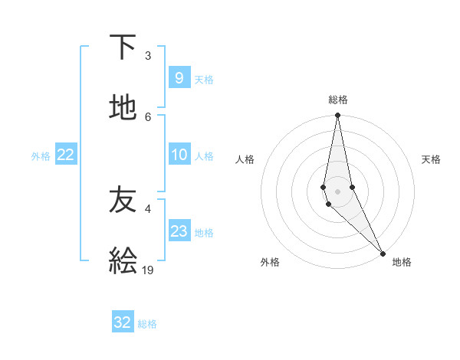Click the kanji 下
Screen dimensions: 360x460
coord(123,47)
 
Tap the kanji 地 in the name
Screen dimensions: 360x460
coord(123,108)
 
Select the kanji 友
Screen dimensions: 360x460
coord(123,201)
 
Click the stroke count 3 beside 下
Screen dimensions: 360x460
coord(148,56)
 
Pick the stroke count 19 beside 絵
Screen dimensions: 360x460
coord(149,270)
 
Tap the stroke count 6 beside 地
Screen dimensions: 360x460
coord(148,117)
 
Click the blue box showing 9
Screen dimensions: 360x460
coord(179,78)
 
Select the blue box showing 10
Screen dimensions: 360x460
coord(179,155)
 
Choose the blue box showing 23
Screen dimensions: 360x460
coord(179,231)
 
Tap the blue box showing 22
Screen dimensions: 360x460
coord(66,155)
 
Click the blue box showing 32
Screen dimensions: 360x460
coord(123,322)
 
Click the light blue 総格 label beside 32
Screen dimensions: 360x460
coord(147,324)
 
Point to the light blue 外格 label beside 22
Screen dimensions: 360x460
coord(41,156)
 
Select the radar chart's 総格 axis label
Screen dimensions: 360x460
coord(338,100)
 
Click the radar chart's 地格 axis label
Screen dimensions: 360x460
coord(402,262)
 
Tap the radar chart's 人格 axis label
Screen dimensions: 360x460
coord(245,159)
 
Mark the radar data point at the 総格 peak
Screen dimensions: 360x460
coord(337,116)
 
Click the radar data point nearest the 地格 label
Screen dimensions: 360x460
coord(383,253)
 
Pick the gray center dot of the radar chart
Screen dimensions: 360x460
coord(337,191)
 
